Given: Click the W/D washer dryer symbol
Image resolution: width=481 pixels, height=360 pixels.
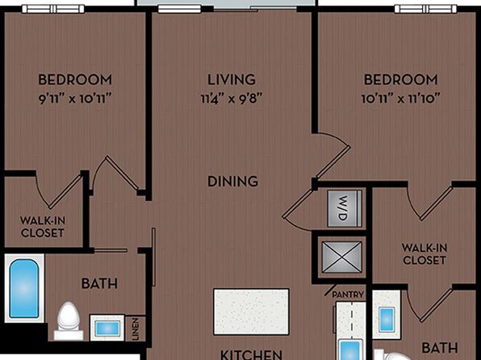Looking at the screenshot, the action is pyautogui.click(x=345, y=208).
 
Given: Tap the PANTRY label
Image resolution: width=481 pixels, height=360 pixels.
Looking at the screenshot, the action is pyautogui.click(x=348, y=295).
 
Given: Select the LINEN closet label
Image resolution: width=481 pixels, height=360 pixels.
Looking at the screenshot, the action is pyautogui.click(x=136, y=329).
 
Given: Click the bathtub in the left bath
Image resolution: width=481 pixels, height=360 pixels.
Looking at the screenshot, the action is pyautogui.click(x=24, y=288).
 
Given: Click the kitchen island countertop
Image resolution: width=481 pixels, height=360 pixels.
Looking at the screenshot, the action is pyautogui.click(x=251, y=312).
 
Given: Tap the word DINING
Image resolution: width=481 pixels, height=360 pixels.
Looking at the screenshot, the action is pyautogui.click(x=232, y=181).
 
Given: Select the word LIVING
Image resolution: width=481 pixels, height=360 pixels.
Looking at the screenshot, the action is pyautogui.click(x=232, y=79).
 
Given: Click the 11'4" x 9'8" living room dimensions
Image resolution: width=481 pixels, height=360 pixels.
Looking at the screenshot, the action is pyautogui.click(x=232, y=98).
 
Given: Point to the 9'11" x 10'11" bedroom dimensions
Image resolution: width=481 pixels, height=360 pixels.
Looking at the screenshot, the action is pyautogui.click(x=74, y=98).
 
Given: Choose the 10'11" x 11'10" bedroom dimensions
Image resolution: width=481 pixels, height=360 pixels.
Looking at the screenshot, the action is pyautogui.click(x=400, y=98).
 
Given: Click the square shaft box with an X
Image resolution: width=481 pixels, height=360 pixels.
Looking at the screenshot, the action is pyautogui.click(x=341, y=257).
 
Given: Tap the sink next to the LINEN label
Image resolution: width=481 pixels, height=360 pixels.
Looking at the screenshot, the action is pyautogui.click(x=107, y=328).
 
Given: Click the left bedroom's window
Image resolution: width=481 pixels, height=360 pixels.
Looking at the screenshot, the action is pyautogui.click(x=53, y=9).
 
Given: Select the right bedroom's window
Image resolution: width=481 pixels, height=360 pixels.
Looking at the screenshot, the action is pyautogui.click(x=425, y=9).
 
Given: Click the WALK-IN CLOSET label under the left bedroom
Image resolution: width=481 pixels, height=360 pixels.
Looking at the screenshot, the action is pyautogui.click(x=42, y=227).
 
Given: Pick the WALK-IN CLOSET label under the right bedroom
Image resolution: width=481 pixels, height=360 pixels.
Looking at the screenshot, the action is pyautogui.click(x=425, y=253).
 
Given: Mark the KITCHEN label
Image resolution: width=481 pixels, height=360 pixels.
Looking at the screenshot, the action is pyautogui.click(x=251, y=354).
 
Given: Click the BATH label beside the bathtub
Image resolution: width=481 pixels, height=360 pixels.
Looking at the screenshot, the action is pyautogui.click(x=99, y=283).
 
